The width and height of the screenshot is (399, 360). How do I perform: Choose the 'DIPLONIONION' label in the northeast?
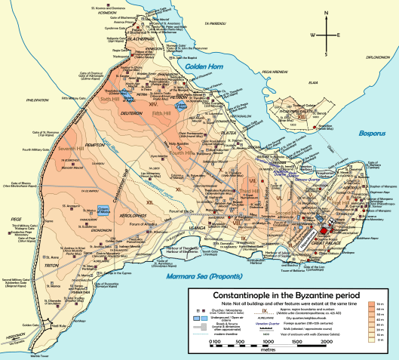(376, 56)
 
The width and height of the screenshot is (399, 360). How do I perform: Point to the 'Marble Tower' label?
(41, 355)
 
